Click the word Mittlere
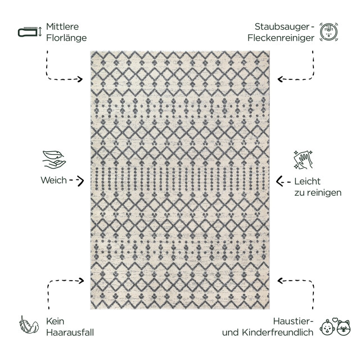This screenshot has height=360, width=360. [x=62, y=26]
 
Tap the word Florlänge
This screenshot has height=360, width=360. [x=66, y=38]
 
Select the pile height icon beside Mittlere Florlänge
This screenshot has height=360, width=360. [x=30, y=31]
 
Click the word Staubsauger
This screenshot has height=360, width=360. [x=282, y=27]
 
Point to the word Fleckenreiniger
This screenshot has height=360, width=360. [x=281, y=38]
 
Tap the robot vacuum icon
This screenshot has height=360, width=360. [x=328, y=32]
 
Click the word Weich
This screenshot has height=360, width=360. [x=53, y=180]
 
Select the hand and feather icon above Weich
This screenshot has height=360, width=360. [x=54, y=160]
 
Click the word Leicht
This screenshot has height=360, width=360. [x=307, y=181]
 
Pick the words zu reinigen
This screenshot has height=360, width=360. [x=318, y=193]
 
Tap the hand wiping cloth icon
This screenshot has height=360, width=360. [x=303, y=160]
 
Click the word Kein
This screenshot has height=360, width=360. [x=55, y=321]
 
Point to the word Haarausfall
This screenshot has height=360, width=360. [x=70, y=332]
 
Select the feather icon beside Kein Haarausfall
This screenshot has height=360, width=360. [x=29, y=325]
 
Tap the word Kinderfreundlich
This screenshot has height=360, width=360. [x=277, y=332]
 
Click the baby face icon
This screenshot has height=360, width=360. [x=327, y=327]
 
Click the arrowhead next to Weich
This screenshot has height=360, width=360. [x=80, y=181]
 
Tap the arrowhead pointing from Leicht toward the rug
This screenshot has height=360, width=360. [x=280, y=181]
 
